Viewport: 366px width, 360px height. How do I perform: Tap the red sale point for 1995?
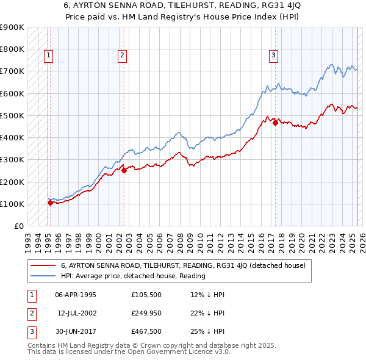[50, 203]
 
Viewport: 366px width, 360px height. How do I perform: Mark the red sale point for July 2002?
[124, 171]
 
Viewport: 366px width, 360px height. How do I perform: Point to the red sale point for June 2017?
[275, 123]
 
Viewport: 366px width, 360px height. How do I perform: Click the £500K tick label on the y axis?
[12, 115]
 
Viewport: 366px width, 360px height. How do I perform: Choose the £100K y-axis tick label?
[12, 204]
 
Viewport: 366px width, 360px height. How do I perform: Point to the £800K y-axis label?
[12, 49]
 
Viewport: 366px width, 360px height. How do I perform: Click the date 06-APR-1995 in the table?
[76, 295]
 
